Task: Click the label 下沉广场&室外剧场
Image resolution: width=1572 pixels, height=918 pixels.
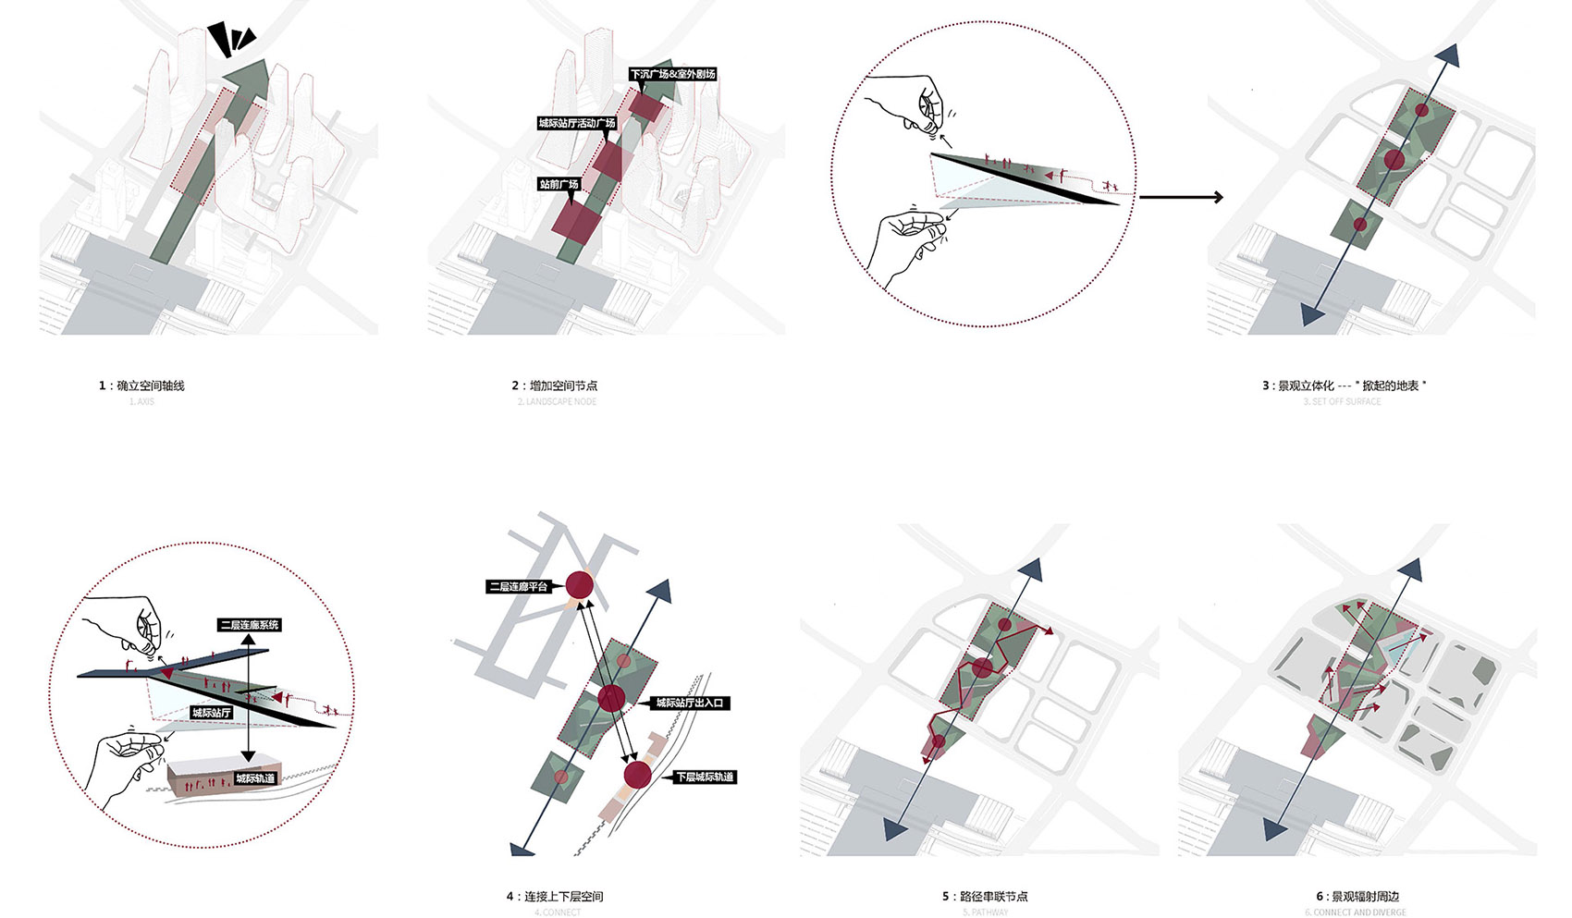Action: (x=672, y=74)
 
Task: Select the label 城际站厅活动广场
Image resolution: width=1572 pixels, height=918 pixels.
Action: (x=577, y=123)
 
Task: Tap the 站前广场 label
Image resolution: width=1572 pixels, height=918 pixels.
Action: (x=559, y=185)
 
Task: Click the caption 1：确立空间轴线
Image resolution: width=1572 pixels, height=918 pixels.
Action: (x=141, y=386)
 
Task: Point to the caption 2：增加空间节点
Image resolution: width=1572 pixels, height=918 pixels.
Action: (x=555, y=386)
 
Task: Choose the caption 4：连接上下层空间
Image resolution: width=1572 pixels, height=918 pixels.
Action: (x=555, y=897)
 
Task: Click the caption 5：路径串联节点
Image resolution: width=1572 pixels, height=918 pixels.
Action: (x=985, y=897)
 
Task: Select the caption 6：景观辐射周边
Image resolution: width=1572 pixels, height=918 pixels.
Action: (x=1357, y=897)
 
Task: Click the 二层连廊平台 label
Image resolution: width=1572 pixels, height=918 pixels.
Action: (x=519, y=586)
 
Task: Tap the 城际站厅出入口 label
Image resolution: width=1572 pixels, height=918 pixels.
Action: (x=692, y=703)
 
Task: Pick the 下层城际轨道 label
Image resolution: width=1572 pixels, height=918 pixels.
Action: (x=704, y=777)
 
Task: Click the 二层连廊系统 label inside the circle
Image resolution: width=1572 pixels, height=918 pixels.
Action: (x=249, y=626)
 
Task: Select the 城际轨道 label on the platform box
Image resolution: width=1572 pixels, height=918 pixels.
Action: (x=254, y=778)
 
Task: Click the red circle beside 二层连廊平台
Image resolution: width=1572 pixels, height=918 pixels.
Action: (x=580, y=585)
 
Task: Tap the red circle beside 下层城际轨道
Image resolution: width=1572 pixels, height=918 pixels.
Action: (x=636, y=775)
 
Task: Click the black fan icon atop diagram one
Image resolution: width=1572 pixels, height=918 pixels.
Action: (x=230, y=39)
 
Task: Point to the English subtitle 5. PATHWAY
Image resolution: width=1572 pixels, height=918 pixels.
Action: (x=985, y=912)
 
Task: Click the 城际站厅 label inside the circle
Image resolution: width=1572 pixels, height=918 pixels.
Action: (x=212, y=713)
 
